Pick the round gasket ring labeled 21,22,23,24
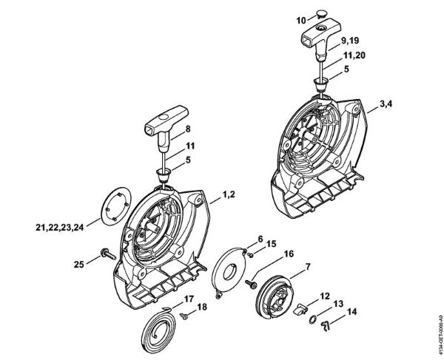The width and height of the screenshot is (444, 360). click(111, 216)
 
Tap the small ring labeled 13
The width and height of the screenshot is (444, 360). click(314, 322)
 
